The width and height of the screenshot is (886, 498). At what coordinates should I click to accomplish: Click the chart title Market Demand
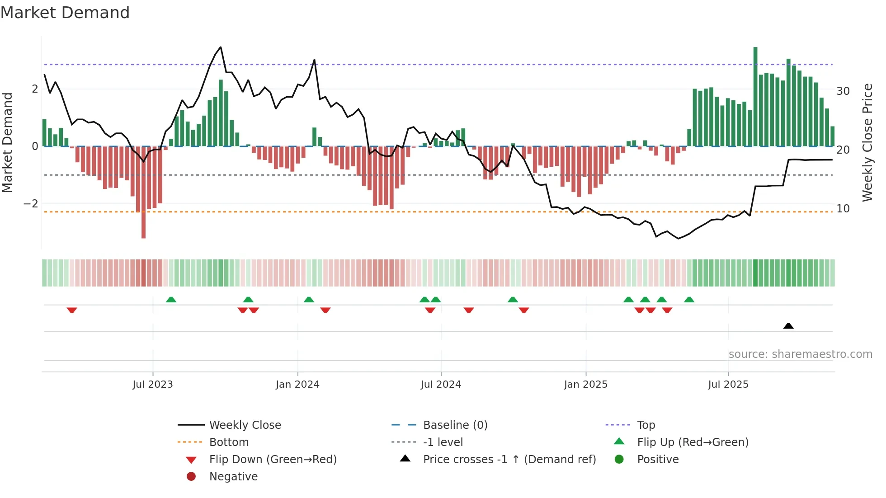(65, 13)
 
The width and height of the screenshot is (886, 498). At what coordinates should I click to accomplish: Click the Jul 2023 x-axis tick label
(152, 385)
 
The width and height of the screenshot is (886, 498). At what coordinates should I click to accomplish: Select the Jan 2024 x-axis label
(297, 385)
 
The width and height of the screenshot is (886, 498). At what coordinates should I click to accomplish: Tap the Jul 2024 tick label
(441, 385)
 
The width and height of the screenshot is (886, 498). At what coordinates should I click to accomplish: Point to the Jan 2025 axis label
(585, 385)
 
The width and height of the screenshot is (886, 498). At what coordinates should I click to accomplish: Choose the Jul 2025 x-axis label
(728, 385)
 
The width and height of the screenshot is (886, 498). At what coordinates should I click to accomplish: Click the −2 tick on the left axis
(31, 204)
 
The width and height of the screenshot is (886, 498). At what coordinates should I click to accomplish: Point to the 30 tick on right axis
(843, 91)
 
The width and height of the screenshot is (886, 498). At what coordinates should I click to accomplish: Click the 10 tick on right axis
(843, 209)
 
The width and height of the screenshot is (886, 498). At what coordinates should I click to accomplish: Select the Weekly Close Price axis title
(867, 142)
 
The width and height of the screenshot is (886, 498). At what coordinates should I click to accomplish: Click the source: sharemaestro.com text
(800, 354)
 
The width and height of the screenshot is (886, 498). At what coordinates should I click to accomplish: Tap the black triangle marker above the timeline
(788, 326)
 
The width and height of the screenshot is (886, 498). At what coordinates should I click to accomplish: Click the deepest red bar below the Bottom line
(143, 226)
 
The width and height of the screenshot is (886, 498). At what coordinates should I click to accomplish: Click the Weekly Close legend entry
(245, 425)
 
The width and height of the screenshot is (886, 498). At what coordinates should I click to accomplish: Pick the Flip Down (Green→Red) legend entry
(273, 460)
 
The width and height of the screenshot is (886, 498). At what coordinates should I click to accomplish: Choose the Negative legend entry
(233, 477)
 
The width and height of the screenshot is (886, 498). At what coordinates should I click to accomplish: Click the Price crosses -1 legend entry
(509, 460)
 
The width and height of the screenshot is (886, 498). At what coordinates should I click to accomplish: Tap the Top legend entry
(646, 425)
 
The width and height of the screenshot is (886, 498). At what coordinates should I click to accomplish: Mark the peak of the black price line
(221, 47)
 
